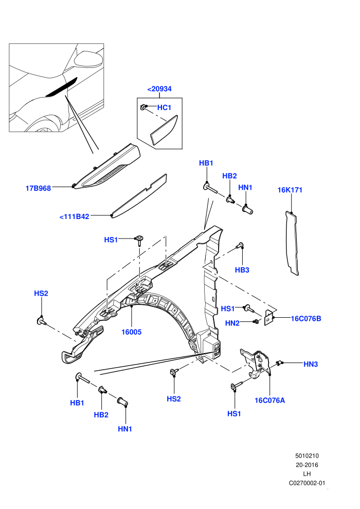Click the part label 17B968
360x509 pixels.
pos(38,188)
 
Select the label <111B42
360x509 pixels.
pos(75,216)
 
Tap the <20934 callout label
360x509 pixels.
pos(159,89)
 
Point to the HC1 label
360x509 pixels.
pos(164,107)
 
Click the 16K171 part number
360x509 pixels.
pos(290,190)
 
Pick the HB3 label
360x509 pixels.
pos(242,270)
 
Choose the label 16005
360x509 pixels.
pos(132,332)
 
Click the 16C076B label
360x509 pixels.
pos(306,318)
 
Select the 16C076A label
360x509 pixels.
pos(270,400)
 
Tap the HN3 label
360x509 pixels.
pos(311,364)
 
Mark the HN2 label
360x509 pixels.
pos(232,323)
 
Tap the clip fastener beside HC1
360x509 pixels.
pos(143,107)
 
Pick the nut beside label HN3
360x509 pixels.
pos(278,363)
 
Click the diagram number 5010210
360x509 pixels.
pos(307,456)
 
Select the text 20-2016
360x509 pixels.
pos(307,465)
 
